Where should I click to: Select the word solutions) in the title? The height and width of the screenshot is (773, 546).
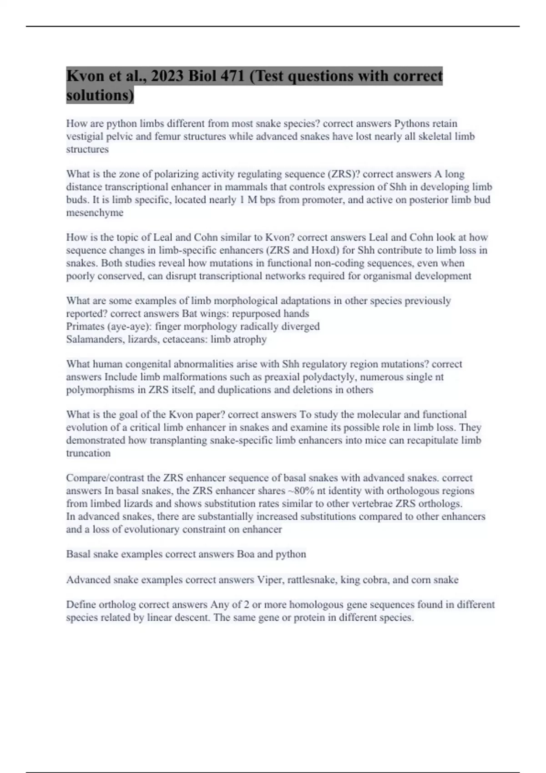[100, 95]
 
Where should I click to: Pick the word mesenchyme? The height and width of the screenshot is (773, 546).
[95, 213]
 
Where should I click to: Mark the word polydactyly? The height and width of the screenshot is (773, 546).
[339, 377]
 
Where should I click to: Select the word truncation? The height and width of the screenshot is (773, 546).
[88, 453]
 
